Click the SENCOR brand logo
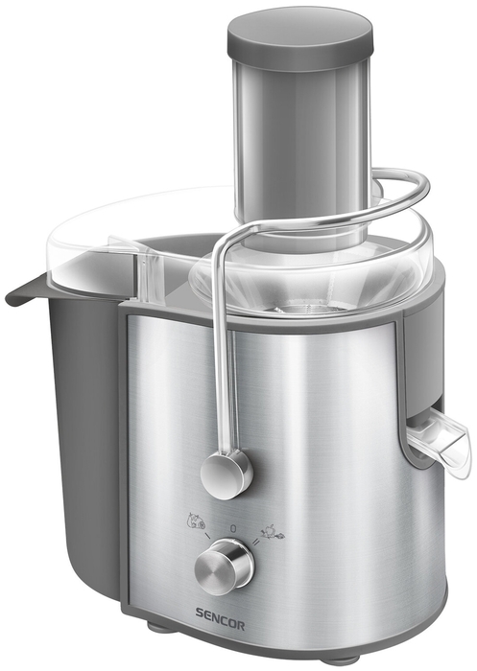tap(220, 624)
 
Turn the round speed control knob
tap(224, 567)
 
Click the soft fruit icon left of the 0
tap(197, 521)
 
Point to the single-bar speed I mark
tap(208, 536)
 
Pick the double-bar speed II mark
tap(256, 542)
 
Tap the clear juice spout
tap(437, 443)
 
